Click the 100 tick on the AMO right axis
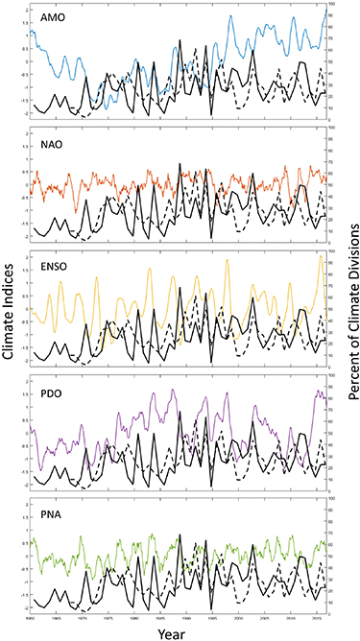332,6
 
